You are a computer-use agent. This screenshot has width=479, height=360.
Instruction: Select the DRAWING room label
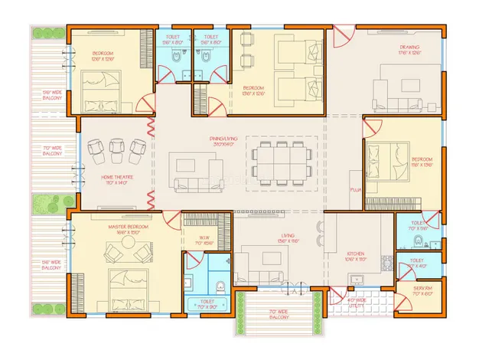pos(409,50)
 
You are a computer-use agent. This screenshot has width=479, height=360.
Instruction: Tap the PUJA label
pos(355,188)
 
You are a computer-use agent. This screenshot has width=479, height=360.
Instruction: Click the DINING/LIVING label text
pos(225,141)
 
